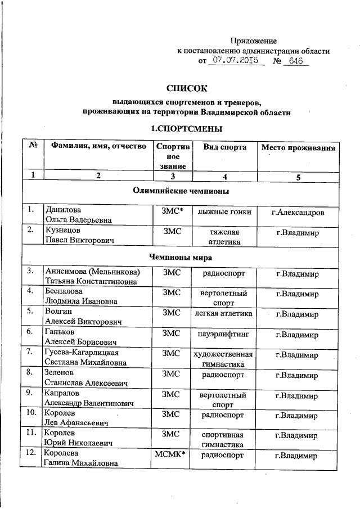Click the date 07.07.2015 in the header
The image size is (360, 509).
[236, 59]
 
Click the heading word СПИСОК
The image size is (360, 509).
[187, 88]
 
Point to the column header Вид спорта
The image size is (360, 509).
[224, 147]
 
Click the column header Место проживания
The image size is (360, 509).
[298, 147]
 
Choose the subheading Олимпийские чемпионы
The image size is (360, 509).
[180, 191]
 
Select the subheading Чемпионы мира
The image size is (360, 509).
[180, 256]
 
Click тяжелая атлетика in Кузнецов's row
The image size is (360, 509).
[224, 237]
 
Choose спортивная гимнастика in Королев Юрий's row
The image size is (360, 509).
[224, 439]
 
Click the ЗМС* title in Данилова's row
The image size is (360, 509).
[171, 211]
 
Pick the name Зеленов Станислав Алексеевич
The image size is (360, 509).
[84, 378]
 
